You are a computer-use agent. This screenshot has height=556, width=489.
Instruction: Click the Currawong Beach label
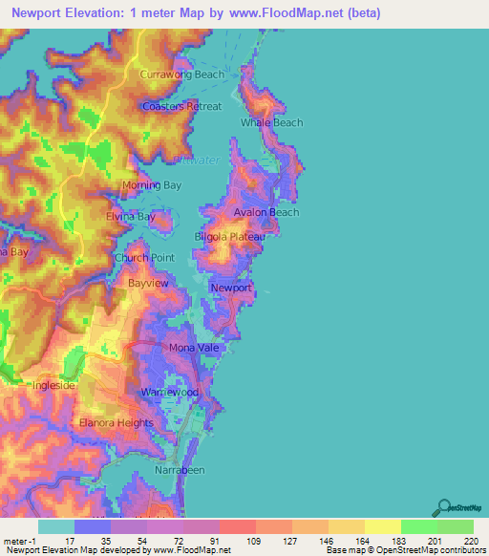(181, 75)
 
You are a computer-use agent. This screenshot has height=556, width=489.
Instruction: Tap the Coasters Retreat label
(181, 106)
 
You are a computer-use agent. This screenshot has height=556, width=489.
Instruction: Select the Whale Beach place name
(271, 122)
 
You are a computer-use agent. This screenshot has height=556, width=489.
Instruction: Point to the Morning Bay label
(151, 185)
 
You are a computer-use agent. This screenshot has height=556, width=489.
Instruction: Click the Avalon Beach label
(266, 212)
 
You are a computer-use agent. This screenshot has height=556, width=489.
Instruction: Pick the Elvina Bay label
(130, 217)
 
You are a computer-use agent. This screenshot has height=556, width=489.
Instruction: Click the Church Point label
(144, 258)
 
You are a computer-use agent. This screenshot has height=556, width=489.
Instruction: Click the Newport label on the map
(230, 288)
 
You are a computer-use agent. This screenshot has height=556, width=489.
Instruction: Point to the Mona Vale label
(194, 348)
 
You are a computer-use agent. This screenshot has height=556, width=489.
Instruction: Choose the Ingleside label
(53, 386)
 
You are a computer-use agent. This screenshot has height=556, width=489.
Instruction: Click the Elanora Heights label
(117, 422)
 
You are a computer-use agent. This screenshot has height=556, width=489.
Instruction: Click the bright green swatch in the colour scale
(418, 525)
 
